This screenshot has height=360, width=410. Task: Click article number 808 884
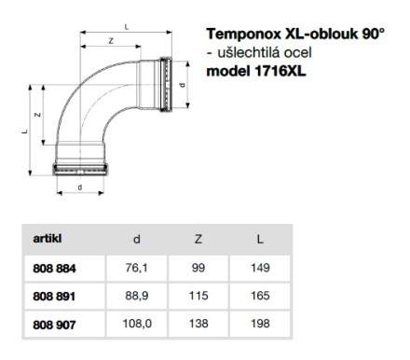(54, 269)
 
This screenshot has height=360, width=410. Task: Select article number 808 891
(54, 297)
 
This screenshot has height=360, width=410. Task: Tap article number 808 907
(54, 325)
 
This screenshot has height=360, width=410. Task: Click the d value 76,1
(136, 268)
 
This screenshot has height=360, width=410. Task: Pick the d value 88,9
(136, 296)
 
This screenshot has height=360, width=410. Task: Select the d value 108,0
(137, 324)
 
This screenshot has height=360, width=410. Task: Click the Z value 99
(198, 268)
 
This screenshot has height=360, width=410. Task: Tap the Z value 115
(198, 296)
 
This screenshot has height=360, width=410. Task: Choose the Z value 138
(198, 324)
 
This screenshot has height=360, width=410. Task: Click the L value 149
(260, 268)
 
